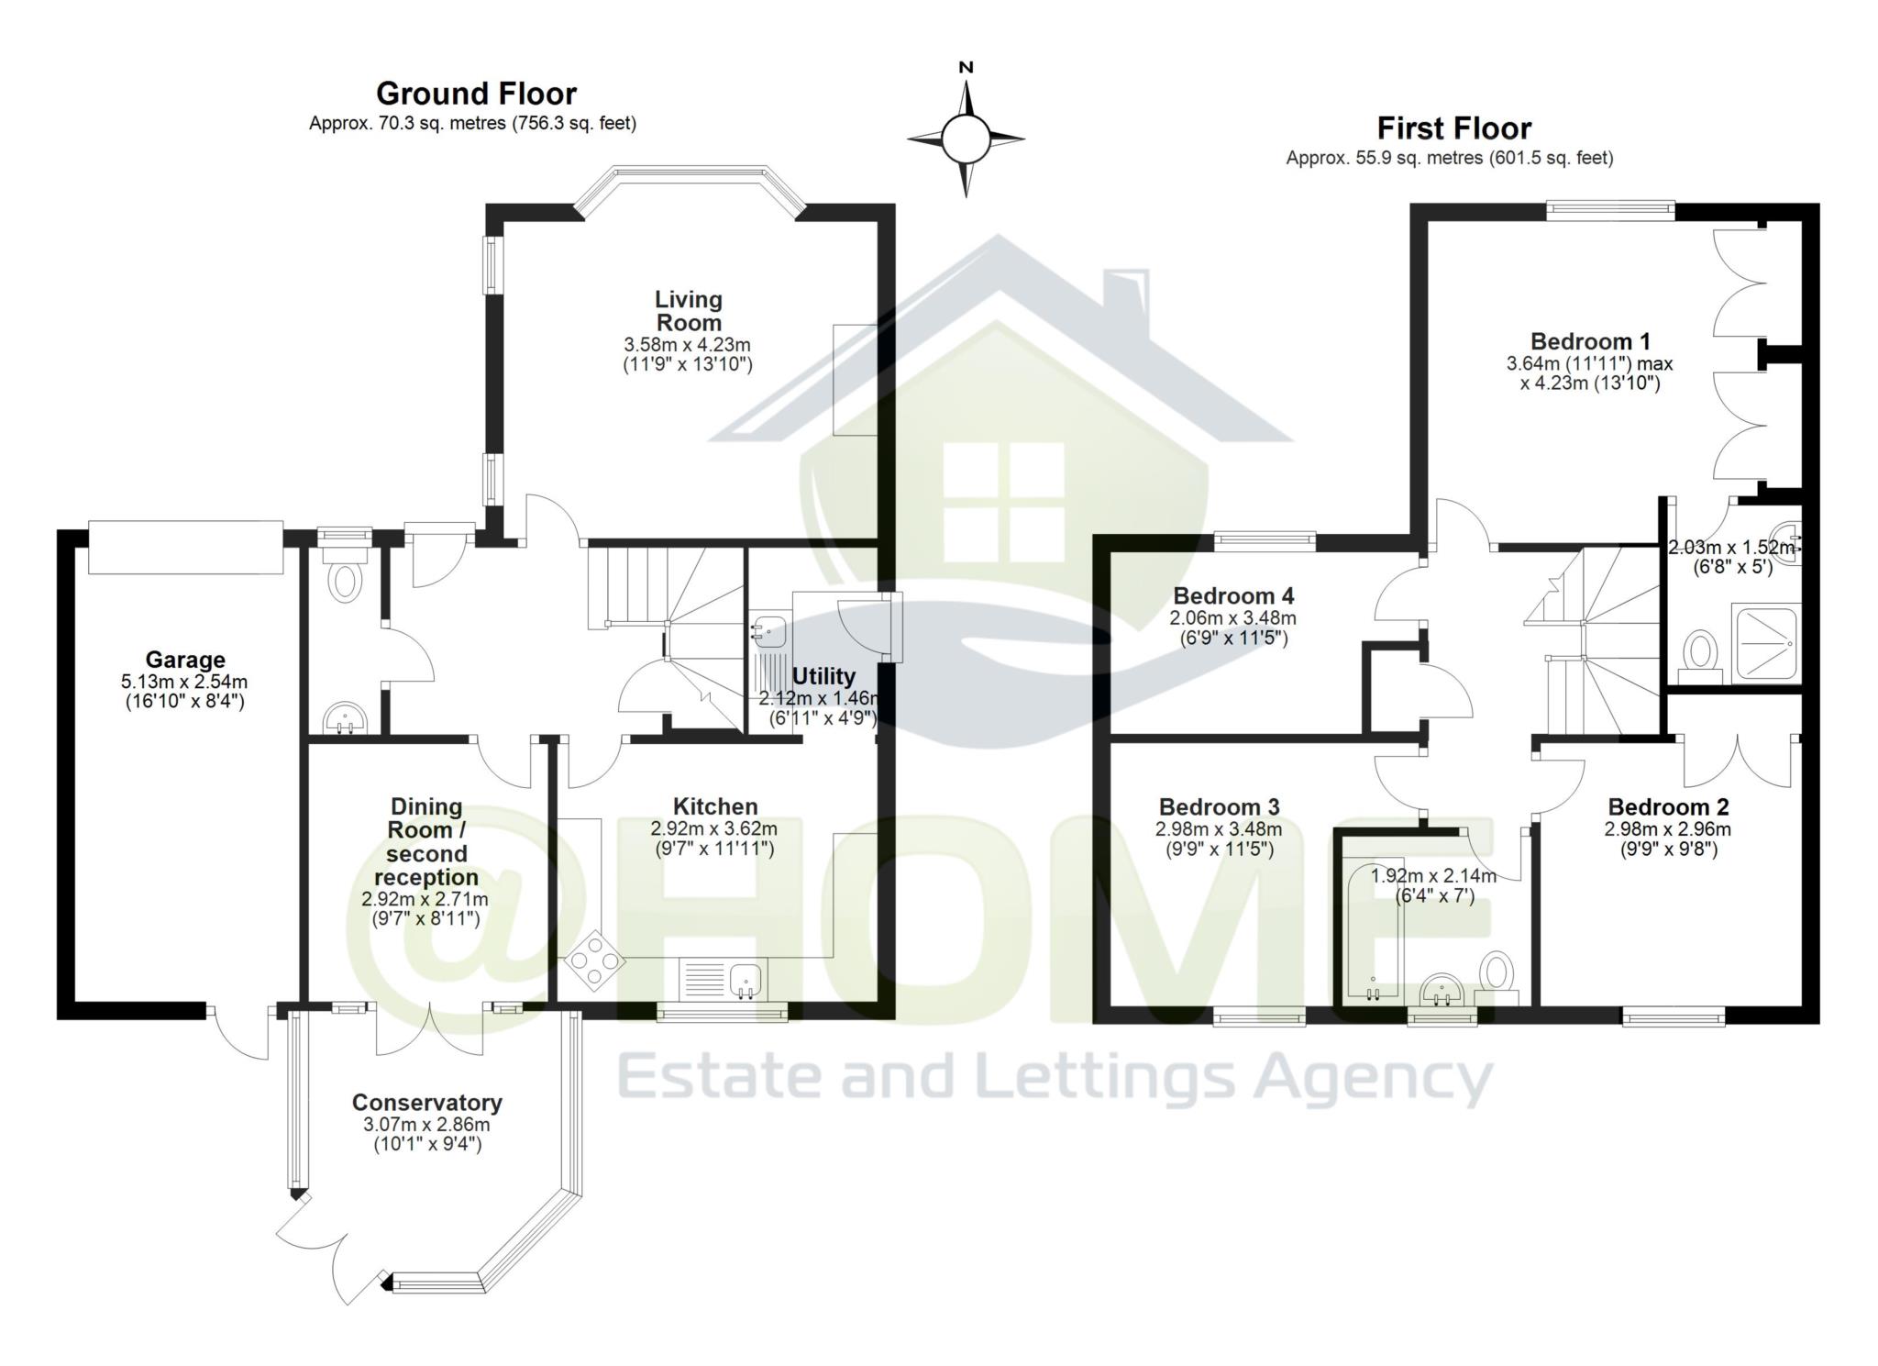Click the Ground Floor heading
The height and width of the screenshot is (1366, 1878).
(x=476, y=94)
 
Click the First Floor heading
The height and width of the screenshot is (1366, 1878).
(x=1453, y=128)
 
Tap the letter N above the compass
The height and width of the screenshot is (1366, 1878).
(x=966, y=67)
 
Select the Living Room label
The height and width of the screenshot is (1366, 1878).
(x=688, y=311)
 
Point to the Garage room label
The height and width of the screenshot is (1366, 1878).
(x=185, y=660)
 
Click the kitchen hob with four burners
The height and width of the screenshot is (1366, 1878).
(x=595, y=960)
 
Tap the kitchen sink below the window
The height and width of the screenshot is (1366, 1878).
(x=746, y=981)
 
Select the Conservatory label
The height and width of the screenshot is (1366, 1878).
(x=426, y=1102)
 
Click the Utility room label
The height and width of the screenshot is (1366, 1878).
(x=823, y=676)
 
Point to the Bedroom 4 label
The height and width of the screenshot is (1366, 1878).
(x=1233, y=596)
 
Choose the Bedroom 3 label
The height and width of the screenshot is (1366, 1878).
(x=1219, y=807)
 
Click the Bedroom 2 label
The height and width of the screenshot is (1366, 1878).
(x=1668, y=807)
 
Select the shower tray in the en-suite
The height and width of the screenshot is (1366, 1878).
(x=1764, y=642)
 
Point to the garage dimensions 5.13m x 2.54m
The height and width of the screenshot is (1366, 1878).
(x=184, y=682)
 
